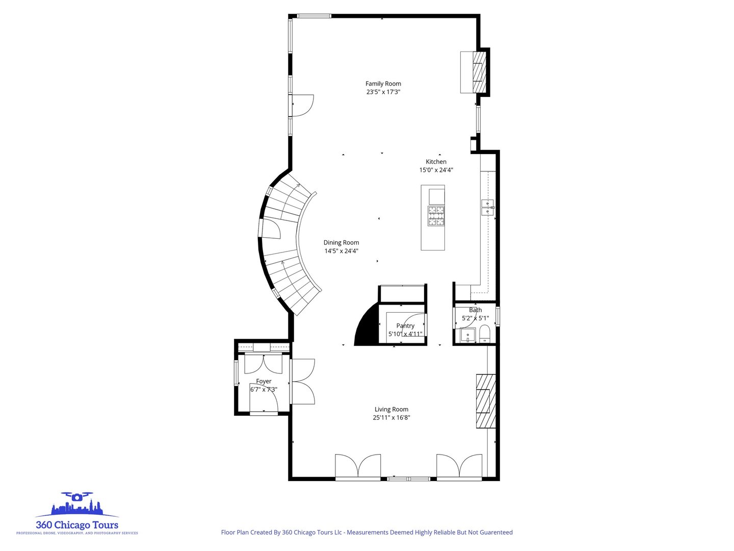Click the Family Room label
(x=383, y=84)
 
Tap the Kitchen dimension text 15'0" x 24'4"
(x=436, y=170)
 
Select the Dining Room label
(x=341, y=243)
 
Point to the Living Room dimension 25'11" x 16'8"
(x=391, y=417)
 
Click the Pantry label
(x=405, y=325)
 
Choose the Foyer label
(x=264, y=381)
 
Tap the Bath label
(x=475, y=310)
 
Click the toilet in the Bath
(x=484, y=334)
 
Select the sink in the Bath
(x=467, y=335)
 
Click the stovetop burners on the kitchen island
(x=436, y=216)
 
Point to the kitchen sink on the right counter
(x=488, y=208)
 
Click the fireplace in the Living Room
(x=486, y=401)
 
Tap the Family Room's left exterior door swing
(x=302, y=106)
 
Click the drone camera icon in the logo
(x=76, y=496)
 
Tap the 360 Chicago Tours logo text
(x=77, y=525)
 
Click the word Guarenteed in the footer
(x=490, y=532)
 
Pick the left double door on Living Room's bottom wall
(x=358, y=466)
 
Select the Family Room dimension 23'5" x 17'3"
(x=383, y=92)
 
